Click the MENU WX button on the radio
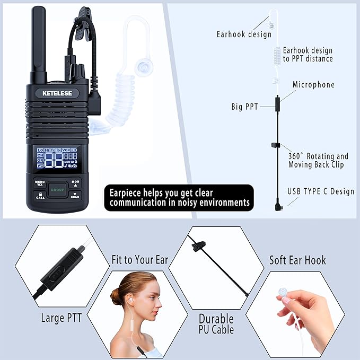tap(40, 182)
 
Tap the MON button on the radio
tap(75, 181)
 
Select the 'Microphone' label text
tap(313, 85)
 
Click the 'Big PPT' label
tap(245, 107)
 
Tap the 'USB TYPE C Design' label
tap(320, 191)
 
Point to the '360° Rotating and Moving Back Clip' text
tap(318, 160)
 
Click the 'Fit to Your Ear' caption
tap(139, 260)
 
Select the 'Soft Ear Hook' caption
tap(297, 260)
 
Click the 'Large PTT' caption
tap(61, 318)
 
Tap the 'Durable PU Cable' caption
tap(216, 324)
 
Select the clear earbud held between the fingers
tap(282, 292)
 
